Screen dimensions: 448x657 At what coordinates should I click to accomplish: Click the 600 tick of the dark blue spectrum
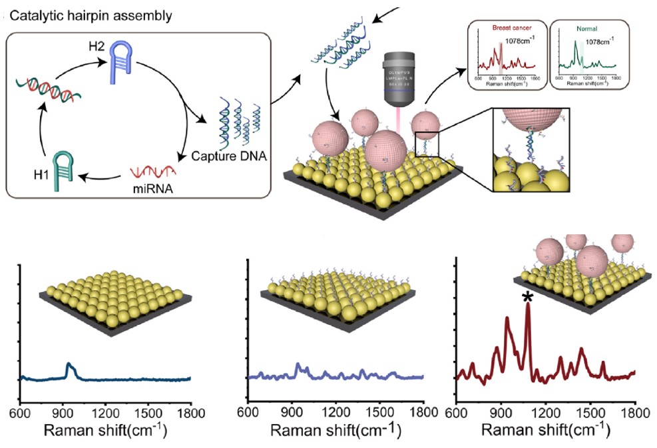[x=21, y=413]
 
